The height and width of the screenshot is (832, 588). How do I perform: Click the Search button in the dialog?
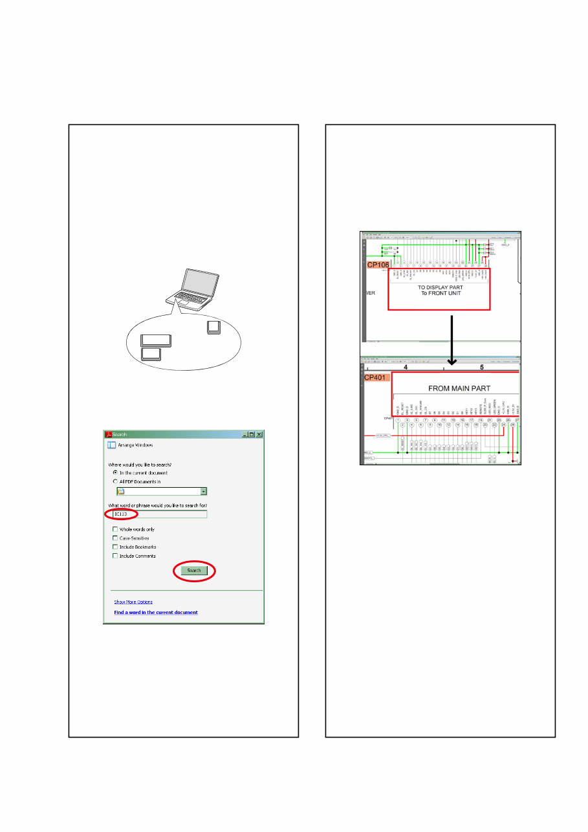coord(194,571)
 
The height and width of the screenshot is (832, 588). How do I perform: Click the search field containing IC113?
coord(159,514)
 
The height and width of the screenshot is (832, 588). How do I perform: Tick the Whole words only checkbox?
coord(115,530)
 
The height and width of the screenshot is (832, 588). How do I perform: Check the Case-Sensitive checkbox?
coord(115,538)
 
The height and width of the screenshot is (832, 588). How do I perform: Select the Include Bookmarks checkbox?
coord(115,547)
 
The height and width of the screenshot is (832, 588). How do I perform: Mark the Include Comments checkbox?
coord(115,556)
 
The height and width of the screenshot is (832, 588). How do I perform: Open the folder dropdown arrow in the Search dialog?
coord(204,492)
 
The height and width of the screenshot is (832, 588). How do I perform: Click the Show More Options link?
coord(133,602)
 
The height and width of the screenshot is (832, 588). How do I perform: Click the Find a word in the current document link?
coord(156,612)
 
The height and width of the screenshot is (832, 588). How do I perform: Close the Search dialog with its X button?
coord(259,435)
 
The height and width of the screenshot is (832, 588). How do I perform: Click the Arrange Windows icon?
coord(111,445)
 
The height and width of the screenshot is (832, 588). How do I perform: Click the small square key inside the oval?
coord(214,327)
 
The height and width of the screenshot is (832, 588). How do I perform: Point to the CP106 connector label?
coord(380,265)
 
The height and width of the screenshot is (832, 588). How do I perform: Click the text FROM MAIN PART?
coord(459,389)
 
